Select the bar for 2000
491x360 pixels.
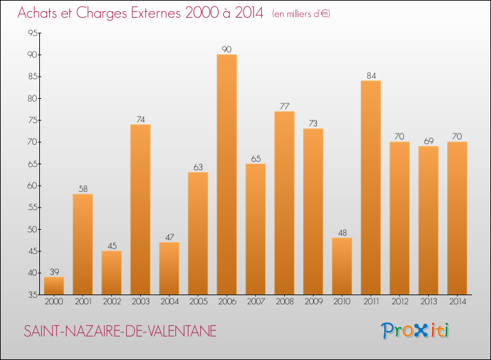coord(54,285)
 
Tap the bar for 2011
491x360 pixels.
coord(371,187)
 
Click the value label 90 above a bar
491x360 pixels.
coord(227,49)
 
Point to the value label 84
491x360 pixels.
coord(371,75)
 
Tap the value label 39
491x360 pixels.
coord(54,272)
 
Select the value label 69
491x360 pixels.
coord(428,141)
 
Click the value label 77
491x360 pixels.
coord(284,106)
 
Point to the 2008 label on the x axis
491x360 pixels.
coord(284,302)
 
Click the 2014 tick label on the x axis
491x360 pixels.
coord(457,302)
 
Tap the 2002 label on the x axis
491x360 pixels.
coord(111,302)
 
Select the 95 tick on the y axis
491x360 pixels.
coord(32,33)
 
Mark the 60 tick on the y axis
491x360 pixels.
coord(32,186)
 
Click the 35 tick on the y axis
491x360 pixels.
coord(32,295)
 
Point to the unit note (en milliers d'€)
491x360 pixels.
coord(301,14)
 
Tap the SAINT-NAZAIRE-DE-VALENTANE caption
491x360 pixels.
coord(120,331)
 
